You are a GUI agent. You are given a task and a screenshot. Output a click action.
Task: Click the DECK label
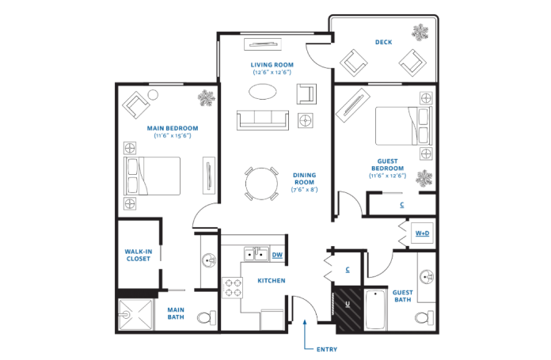[383, 42]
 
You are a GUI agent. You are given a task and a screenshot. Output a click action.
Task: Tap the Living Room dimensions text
[272, 72]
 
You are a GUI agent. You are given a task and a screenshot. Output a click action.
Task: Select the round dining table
[261, 184]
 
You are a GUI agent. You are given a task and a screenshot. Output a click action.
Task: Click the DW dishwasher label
[277, 255]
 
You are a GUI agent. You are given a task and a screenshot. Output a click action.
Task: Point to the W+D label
[422, 233]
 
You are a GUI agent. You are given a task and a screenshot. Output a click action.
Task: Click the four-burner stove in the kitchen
[233, 288]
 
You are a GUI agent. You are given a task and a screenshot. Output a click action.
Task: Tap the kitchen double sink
[256, 253]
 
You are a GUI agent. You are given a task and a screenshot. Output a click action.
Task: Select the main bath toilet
[207, 318]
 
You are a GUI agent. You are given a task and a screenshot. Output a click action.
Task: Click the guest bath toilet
[424, 318]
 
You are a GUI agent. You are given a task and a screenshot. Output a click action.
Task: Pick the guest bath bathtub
[375, 309]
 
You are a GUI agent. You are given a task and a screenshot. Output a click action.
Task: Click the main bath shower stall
[136, 314]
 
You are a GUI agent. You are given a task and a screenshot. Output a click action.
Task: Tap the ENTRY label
[327, 350]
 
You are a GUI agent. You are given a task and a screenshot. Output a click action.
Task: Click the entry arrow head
[305, 321]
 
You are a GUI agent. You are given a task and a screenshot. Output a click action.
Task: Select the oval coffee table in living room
[263, 92]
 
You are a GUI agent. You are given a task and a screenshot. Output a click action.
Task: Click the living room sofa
[263, 120]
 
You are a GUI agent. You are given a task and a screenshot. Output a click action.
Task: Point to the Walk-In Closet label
[139, 256]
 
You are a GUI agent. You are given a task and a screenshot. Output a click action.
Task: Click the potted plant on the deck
[420, 32]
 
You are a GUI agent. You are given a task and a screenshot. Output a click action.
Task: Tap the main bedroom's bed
[152, 176]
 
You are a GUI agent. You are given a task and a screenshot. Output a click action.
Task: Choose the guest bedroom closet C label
[401, 204]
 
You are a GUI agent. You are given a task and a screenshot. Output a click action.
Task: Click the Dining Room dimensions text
[304, 190]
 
